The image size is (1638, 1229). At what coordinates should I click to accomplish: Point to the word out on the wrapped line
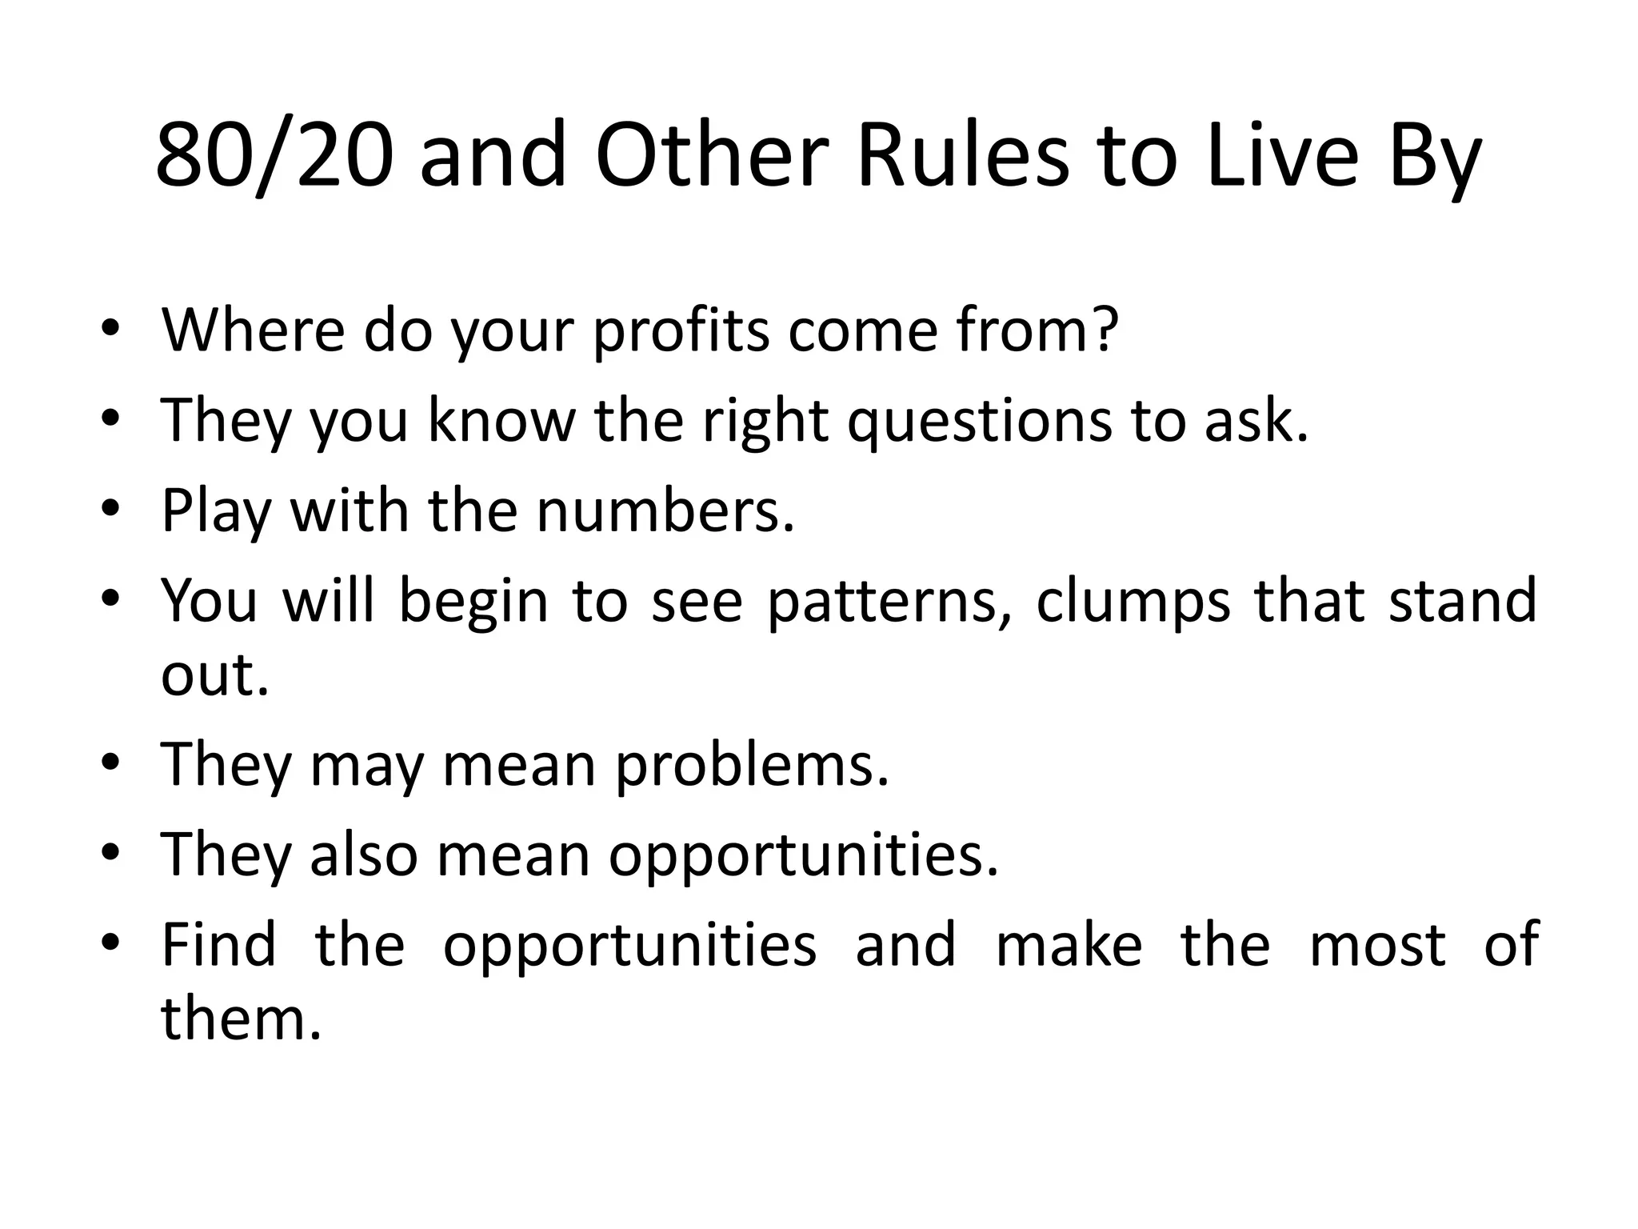point(214,675)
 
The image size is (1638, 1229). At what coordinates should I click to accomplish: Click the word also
point(363,855)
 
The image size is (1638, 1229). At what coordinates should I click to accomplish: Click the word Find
point(218,944)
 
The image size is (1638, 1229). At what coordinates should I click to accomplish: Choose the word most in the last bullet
point(1377,945)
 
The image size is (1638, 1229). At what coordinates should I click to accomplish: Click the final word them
point(240,1019)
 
